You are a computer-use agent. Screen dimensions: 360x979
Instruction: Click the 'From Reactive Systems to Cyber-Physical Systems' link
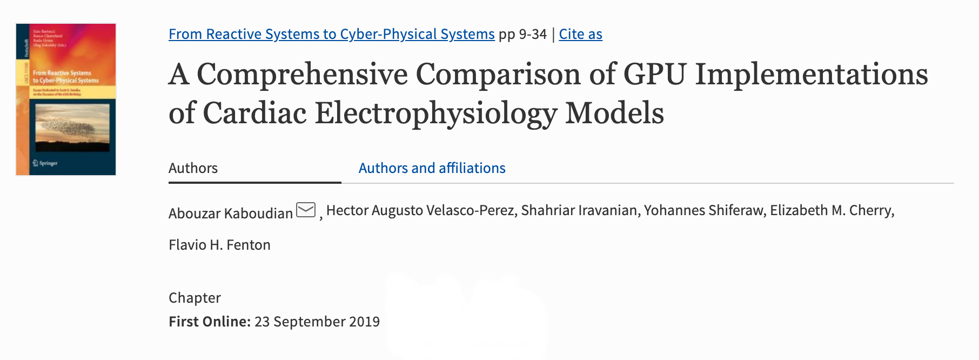click(x=331, y=34)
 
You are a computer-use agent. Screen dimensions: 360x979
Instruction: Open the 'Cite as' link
click(x=580, y=34)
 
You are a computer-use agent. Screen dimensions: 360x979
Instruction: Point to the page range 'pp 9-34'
click(x=522, y=34)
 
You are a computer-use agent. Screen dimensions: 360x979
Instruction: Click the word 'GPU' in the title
click(x=655, y=74)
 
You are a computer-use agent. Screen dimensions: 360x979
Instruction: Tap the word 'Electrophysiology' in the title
click(x=435, y=113)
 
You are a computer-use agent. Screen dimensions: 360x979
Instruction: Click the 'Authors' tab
click(x=193, y=168)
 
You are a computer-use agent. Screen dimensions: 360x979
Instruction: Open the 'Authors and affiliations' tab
click(x=432, y=168)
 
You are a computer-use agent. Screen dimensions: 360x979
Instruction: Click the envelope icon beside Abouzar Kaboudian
click(x=306, y=210)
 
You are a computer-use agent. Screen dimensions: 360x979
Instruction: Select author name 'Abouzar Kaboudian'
click(x=231, y=214)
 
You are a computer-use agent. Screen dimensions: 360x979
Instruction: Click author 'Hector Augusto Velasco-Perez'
click(x=420, y=210)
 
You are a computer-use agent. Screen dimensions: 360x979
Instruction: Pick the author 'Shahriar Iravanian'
click(x=579, y=210)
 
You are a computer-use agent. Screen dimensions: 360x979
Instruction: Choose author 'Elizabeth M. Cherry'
click(x=831, y=210)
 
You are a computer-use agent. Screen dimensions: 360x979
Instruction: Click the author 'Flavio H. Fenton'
click(x=219, y=245)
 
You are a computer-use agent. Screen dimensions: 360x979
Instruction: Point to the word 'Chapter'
click(x=195, y=298)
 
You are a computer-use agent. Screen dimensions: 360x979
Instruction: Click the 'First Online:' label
click(x=210, y=322)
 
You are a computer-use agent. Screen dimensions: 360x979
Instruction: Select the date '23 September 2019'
click(x=317, y=322)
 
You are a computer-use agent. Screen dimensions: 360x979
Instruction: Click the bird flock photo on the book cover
click(x=72, y=128)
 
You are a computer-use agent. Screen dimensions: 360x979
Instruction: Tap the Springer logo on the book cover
click(x=45, y=163)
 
